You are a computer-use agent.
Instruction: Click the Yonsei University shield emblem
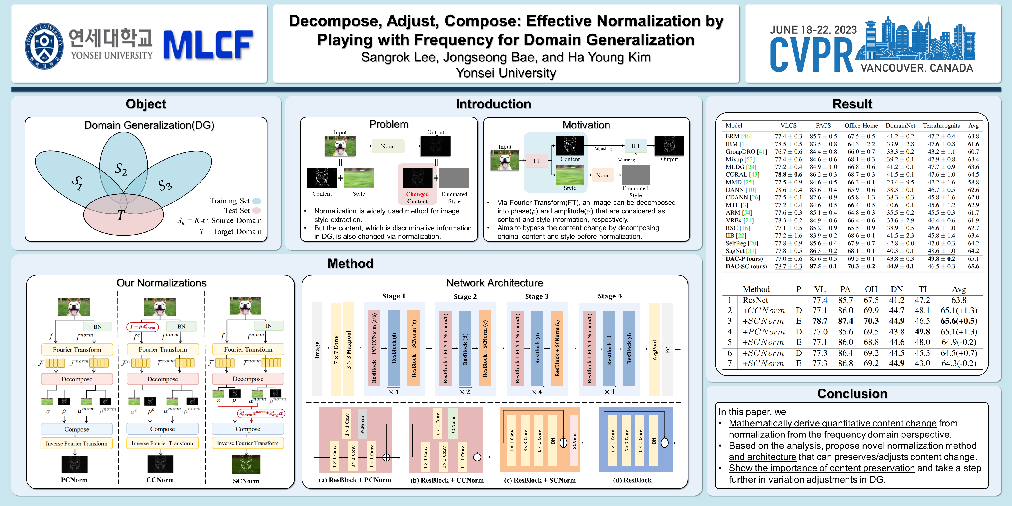[x=44, y=46]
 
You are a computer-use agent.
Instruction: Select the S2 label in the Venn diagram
[x=121, y=169]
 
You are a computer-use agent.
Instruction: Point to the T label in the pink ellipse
[x=121, y=215]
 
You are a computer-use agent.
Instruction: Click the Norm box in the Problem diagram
[x=388, y=146]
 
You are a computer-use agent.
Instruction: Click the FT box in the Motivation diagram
[x=537, y=161]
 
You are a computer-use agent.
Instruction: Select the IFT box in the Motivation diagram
[x=635, y=146]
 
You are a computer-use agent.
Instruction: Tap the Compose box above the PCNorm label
[x=77, y=429]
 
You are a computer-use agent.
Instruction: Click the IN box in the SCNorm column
[x=269, y=326]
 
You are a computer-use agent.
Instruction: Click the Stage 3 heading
[x=537, y=296]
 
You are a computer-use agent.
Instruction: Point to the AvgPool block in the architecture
[x=654, y=350]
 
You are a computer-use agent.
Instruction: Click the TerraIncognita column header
[x=941, y=126]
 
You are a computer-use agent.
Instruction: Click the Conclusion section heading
[x=852, y=394]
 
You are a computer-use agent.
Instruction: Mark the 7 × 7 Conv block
[x=336, y=350]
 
